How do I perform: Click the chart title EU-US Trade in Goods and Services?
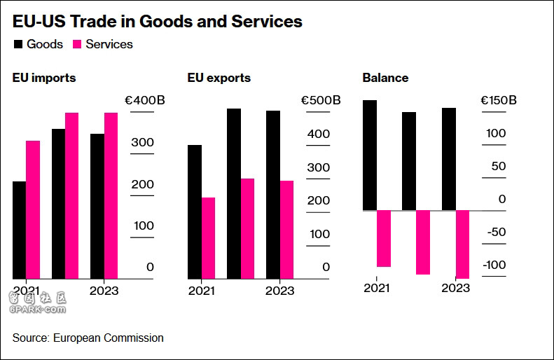click(x=158, y=22)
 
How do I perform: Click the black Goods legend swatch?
click(x=18, y=44)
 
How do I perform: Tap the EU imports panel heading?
click(x=44, y=78)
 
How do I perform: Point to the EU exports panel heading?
click(x=219, y=78)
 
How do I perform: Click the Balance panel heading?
click(x=385, y=78)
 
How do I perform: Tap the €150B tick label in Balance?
click(x=499, y=101)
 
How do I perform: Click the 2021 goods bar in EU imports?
click(x=19, y=230)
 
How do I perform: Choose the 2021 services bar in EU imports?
click(x=33, y=210)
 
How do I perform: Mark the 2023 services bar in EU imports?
click(x=111, y=196)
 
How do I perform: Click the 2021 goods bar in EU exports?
click(x=194, y=212)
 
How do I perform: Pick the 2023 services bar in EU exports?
click(x=286, y=230)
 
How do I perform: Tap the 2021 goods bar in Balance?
click(x=369, y=155)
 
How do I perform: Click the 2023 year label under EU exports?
click(x=280, y=291)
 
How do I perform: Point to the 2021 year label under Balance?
click(x=377, y=288)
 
